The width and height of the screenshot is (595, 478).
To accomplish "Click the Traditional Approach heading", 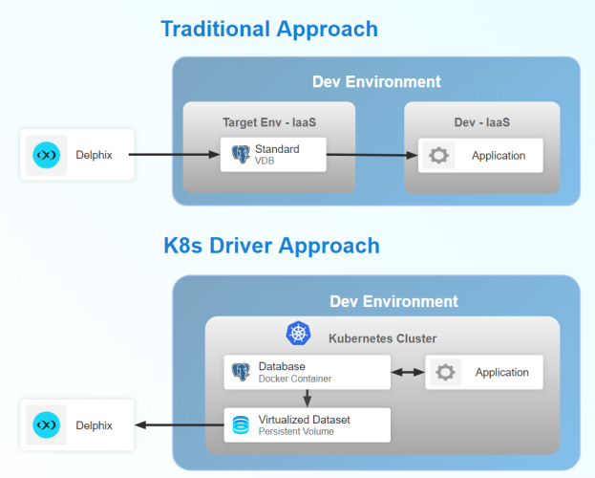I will (269, 29).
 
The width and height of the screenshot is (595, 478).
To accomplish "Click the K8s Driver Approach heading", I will (271, 246).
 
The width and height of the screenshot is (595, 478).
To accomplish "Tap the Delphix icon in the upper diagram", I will (46, 155).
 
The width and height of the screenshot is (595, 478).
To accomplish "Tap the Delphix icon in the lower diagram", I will (46, 424).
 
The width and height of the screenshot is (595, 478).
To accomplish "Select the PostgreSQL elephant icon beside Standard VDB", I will (239, 155).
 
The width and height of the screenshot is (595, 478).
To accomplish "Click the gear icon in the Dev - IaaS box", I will (438, 156).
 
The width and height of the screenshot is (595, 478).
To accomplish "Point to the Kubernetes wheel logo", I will (300, 335).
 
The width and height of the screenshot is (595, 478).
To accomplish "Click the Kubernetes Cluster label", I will (382, 338).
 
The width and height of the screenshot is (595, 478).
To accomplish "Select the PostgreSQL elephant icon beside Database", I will (241, 372).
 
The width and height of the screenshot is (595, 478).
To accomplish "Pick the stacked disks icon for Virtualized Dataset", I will (241, 424).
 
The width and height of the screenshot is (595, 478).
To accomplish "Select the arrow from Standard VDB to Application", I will (372, 156).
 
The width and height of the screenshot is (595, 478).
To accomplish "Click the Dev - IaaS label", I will (481, 122).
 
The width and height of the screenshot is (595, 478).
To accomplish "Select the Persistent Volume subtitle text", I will (296, 431).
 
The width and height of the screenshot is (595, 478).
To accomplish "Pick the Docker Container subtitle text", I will (295, 379).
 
